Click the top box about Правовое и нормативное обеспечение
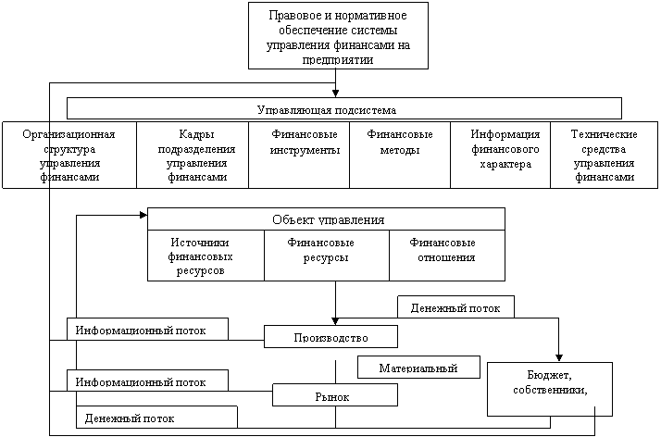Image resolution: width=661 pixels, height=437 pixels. click(338, 35)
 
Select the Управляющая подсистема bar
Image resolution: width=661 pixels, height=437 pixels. click(344, 108)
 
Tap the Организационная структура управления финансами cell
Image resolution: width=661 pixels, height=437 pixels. click(69, 155)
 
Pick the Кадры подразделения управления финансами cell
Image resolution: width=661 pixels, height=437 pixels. click(193, 155)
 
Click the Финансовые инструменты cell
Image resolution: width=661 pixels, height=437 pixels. click(299, 155)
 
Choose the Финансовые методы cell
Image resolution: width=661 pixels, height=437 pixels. click(400, 155)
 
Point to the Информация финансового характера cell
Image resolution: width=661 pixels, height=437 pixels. click(501, 155)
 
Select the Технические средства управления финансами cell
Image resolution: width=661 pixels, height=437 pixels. click(605, 155)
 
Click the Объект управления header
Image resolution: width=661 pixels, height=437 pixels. click(326, 219)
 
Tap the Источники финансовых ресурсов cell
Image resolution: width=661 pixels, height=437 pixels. click(206, 256)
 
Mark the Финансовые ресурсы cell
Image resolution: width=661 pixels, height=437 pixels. click(327, 256)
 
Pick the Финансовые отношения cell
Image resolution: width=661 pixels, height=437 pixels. click(447, 256)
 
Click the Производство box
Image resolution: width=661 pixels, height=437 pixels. click(330, 336)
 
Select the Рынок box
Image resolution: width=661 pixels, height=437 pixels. click(335, 394)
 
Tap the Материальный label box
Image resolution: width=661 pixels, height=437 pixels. click(418, 367)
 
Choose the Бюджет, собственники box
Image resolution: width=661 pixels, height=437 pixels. click(550, 389)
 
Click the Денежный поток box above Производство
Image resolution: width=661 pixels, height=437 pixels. click(455, 306)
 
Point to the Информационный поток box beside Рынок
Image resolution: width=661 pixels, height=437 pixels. click(147, 381)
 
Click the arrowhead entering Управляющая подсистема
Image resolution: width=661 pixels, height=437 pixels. click(335, 94)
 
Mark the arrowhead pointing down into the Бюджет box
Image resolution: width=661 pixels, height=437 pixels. click(559, 357)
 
